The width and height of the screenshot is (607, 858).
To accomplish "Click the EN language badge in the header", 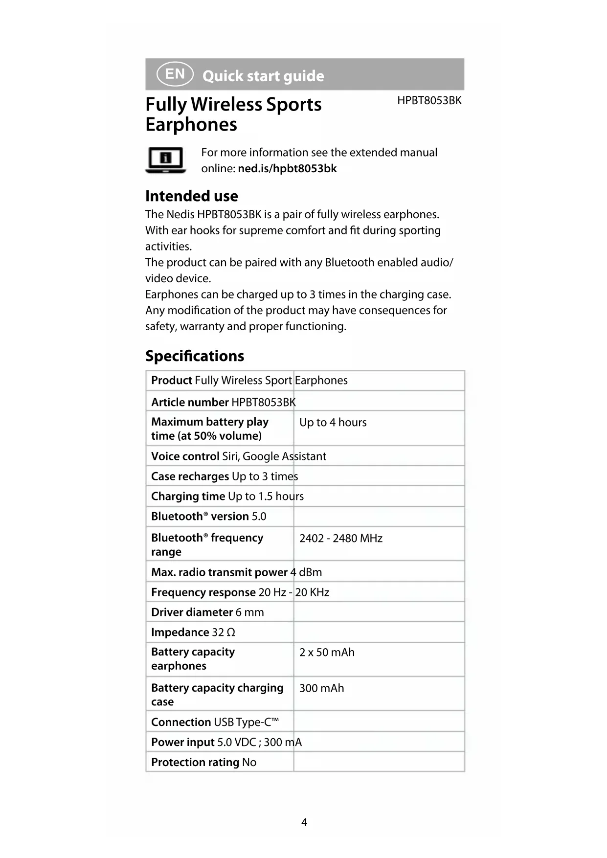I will [175, 74].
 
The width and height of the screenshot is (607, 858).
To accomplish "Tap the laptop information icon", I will [166, 160].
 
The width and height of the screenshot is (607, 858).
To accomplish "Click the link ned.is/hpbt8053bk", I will [287, 169].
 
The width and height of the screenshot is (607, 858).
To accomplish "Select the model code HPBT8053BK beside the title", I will [429, 101].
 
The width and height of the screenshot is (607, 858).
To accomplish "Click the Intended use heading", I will [191, 196].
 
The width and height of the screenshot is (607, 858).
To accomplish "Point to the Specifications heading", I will [195, 356].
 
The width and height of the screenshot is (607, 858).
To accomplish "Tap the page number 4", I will [304, 822].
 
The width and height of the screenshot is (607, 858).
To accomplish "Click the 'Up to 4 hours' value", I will [333, 423].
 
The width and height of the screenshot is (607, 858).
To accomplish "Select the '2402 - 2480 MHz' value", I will [340, 539].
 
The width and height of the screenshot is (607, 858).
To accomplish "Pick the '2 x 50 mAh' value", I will [327, 653].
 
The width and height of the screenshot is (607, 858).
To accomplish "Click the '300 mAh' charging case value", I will [321, 688].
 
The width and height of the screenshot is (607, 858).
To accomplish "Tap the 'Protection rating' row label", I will [195, 762].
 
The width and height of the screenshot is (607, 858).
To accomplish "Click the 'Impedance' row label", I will [180, 632].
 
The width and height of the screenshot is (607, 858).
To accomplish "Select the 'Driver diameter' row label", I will [192, 612].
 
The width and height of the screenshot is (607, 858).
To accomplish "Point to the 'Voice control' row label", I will [185, 456].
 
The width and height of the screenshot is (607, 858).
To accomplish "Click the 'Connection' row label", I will [181, 722].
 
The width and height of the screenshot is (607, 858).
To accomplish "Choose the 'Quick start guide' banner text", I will [263, 76].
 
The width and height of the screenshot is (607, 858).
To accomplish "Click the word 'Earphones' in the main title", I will [191, 125].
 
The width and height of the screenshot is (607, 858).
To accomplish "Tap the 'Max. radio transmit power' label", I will [219, 572].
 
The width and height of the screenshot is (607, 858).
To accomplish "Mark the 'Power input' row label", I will [183, 742].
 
